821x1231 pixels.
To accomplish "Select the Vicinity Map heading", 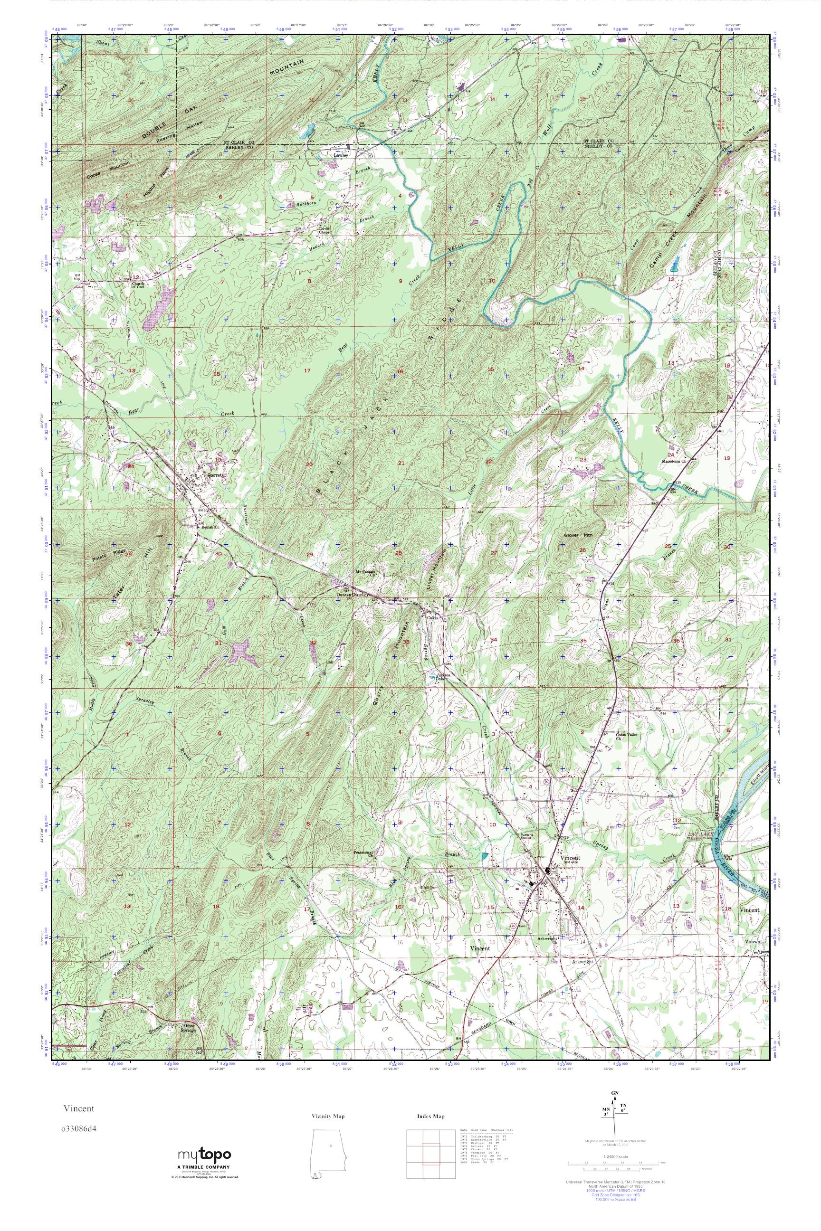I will [x=327, y=1116].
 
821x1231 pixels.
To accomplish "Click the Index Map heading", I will [x=431, y=1116].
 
